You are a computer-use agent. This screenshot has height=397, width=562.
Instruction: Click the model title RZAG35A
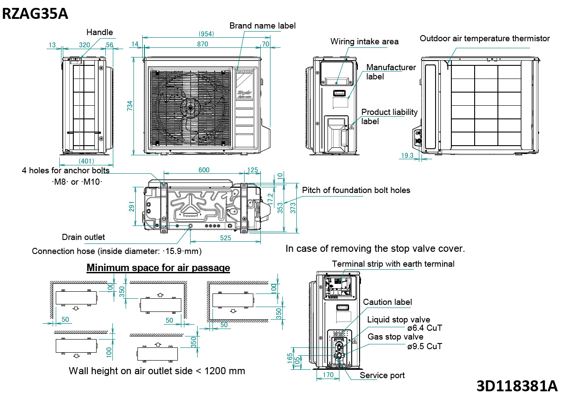pyautogui.click(x=35, y=14)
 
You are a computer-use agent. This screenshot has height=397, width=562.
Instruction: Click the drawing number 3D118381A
pyautogui.click(x=517, y=386)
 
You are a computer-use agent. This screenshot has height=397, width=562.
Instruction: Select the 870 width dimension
pyautogui.click(x=202, y=44)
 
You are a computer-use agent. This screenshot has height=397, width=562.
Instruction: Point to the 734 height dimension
pyautogui.click(x=130, y=106)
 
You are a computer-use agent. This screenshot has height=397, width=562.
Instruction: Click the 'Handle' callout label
pyautogui.click(x=99, y=32)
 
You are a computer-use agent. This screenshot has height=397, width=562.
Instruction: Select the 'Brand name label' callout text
pyautogui.click(x=262, y=26)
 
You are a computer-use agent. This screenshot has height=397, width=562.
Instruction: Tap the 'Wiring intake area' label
pyautogui.click(x=364, y=42)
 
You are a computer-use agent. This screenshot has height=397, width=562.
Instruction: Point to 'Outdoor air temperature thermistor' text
pyautogui.click(x=484, y=39)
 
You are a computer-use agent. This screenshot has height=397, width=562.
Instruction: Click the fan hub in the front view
pyautogui.click(x=190, y=107)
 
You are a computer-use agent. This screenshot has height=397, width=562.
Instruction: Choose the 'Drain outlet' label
pyautogui.click(x=83, y=237)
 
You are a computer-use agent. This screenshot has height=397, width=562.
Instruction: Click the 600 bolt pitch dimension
pyautogui.click(x=204, y=170)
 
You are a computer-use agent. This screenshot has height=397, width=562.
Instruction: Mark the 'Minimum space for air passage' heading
pyautogui.click(x=158, y=268)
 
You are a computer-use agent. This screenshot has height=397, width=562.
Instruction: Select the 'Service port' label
pyautogui.click(x=382, y=376)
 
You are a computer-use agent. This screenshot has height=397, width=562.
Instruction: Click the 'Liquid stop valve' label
pyautogui.click(x=399, y=320)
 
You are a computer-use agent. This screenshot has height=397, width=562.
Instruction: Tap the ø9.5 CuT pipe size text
pyautogui.click(x=424, y=346)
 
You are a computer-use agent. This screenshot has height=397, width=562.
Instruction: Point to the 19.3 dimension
pyautogui.click(x=407, y=156)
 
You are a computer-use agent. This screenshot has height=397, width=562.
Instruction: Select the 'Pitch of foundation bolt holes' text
pyautogui.click(x=356, y=190)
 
